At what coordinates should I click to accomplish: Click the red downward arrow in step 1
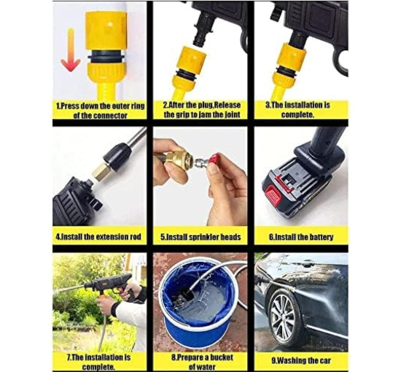(x=70, y=50)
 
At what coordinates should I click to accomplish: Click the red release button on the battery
(x=273, y=195)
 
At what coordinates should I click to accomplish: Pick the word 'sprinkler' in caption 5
(x=203, y=237)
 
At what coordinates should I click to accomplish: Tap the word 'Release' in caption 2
(x=227, y=105)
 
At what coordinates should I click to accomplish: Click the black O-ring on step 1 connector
(x=106, y=57)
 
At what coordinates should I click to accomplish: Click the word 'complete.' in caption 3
(x=298, y=115)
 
